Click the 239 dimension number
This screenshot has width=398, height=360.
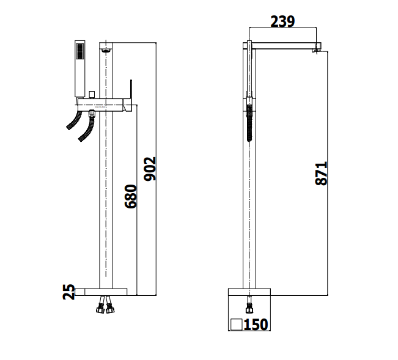pos(282,21)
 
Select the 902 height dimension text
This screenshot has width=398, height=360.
pos(150,169)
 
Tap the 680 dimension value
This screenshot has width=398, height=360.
pos(131,197)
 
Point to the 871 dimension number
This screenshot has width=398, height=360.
pos(321,174)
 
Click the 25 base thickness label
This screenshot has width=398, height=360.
pos(69,292)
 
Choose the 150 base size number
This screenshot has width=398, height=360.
pos(256,325)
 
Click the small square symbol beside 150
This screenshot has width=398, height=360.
pos(237,325)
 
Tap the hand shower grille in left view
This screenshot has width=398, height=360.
pos(80,51)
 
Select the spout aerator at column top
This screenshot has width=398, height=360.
pos(106,51)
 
